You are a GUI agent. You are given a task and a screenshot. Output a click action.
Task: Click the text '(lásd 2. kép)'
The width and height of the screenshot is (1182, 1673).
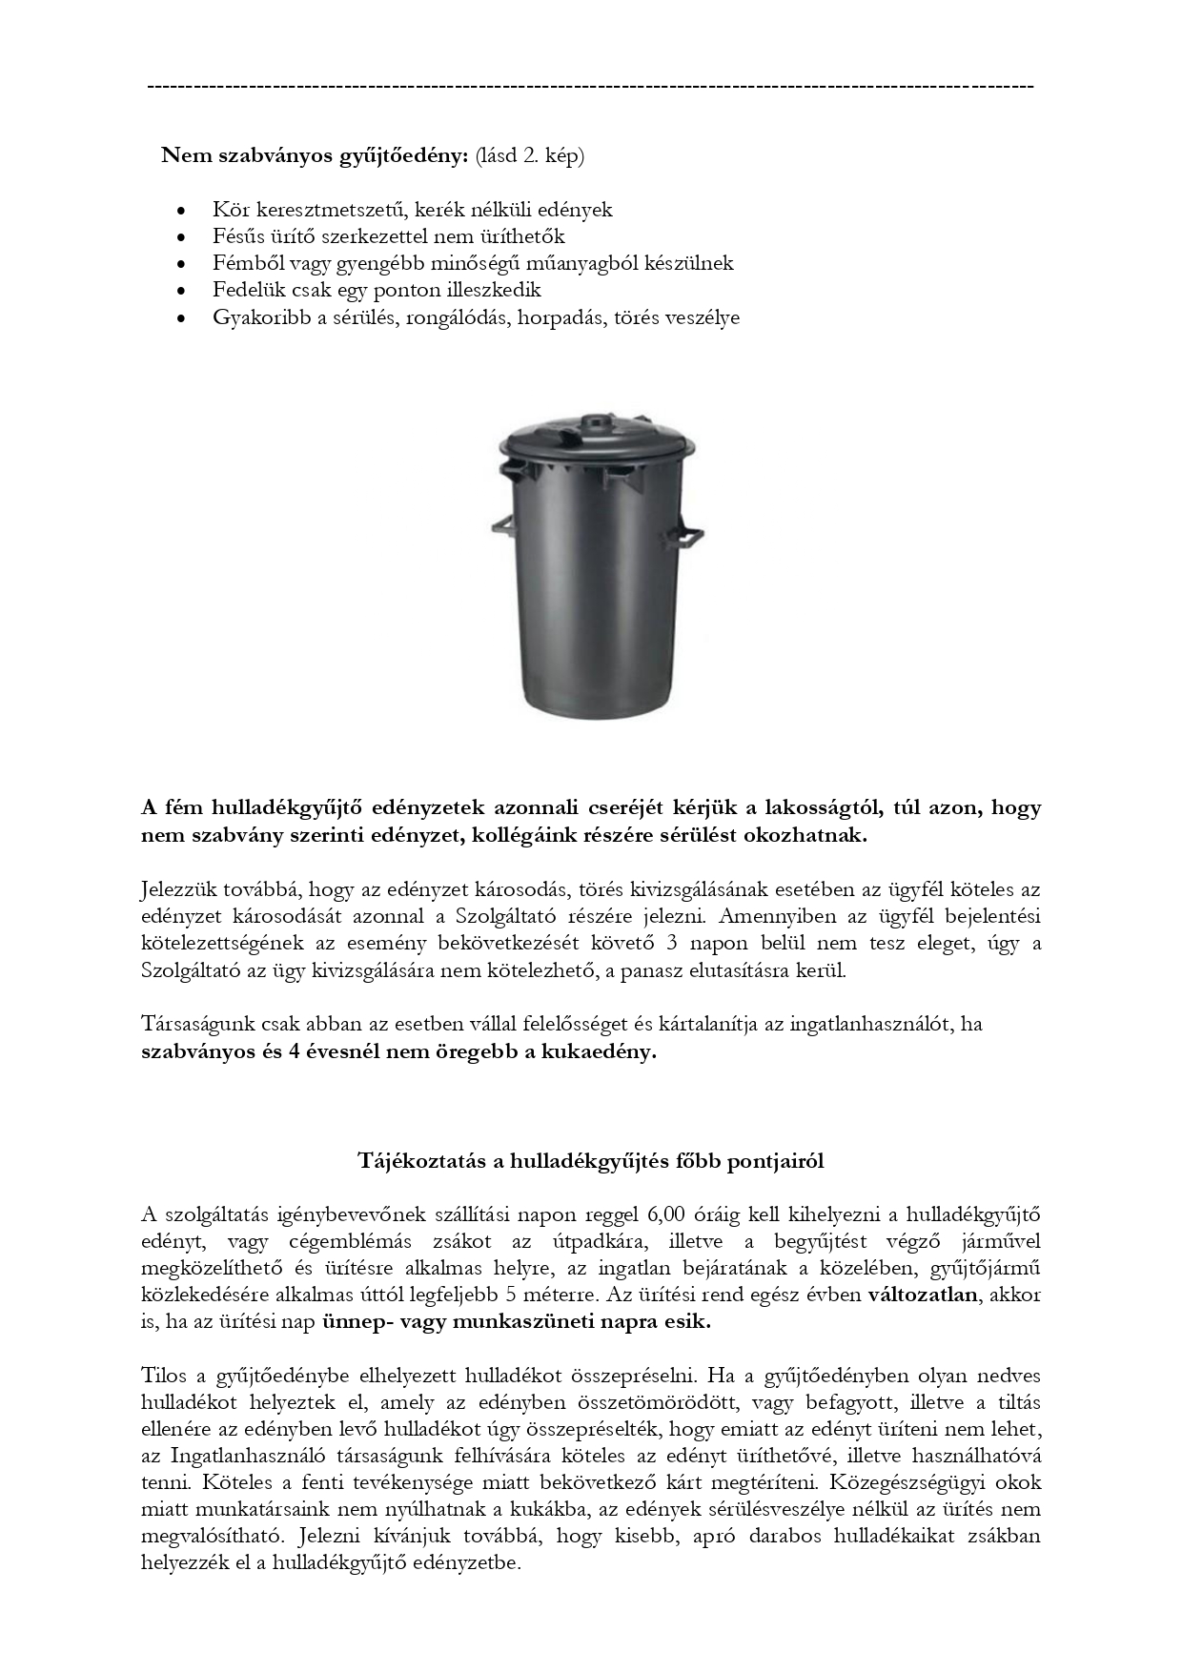tap(530, 155)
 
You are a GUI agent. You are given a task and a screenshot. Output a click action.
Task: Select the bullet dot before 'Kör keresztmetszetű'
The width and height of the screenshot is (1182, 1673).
tap(181, 211)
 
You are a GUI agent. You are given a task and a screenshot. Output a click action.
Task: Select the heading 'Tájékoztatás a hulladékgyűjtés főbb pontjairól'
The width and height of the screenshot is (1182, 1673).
tap(591, 1161)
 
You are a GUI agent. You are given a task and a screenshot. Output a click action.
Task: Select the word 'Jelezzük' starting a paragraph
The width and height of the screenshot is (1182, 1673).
tap(177, 890)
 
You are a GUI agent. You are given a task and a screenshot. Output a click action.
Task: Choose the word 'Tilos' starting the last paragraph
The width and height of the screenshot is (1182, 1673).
tap(164, 1376)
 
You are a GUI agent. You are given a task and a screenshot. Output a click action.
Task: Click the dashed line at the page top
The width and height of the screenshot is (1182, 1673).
tap(591, 87)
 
